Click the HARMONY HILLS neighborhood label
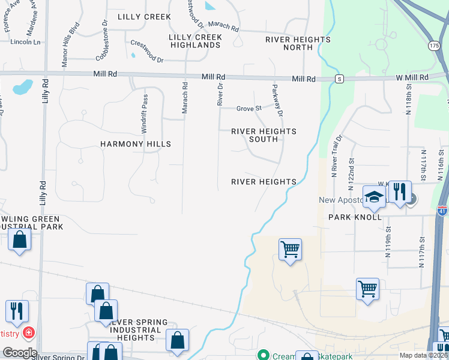[x=136, y=144]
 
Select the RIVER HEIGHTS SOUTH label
[x=264, y=135]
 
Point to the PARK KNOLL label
[x=355, y=217]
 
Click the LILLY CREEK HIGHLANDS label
[x=195, y=41]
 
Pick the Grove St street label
[x=249, y=109]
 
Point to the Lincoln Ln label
[x=26, y=42]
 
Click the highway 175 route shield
[x=434, y=46]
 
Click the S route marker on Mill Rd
[x=339, y=79]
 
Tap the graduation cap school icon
[x=374, y=196]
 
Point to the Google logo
[x=19, y=353]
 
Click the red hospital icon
[x=28, y=332]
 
